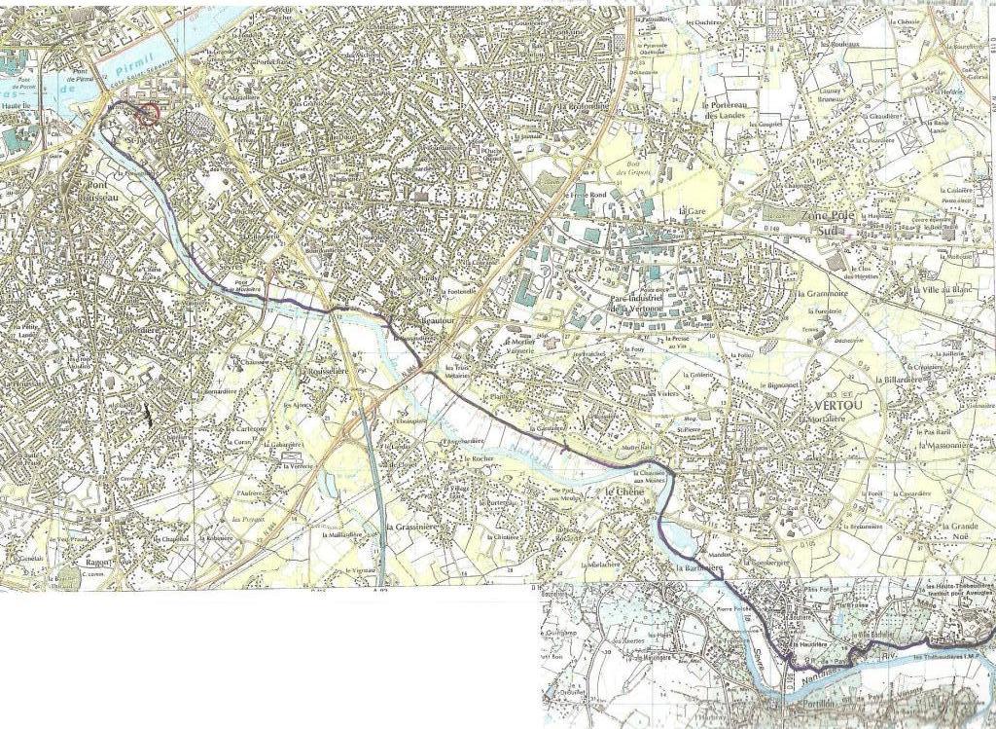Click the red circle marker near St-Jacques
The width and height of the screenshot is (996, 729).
click(x=147, y=116)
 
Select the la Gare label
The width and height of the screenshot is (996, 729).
click(x=691, y=210)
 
